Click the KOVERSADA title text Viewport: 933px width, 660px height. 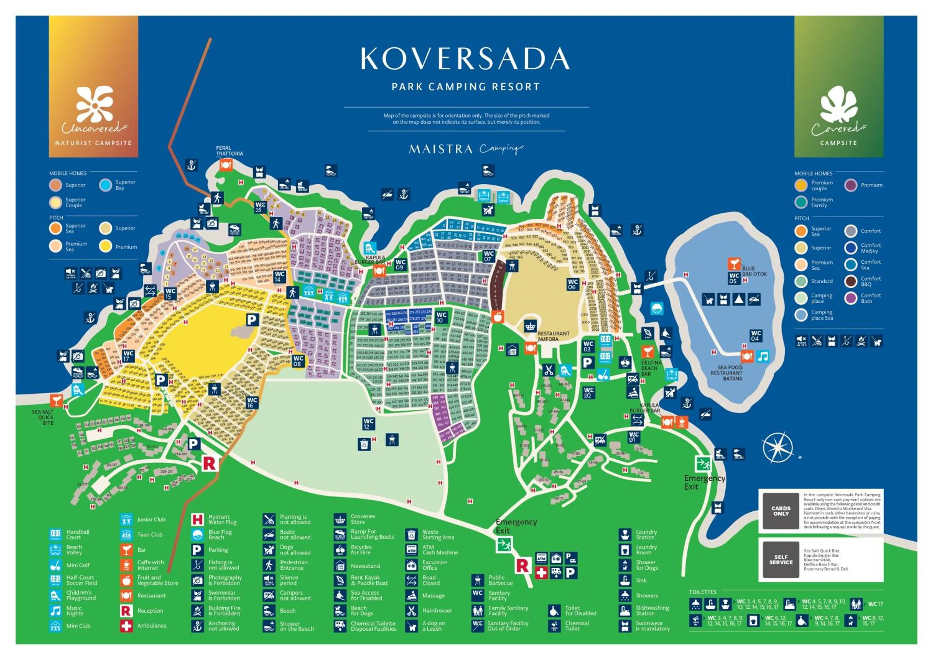(x=465, y=58)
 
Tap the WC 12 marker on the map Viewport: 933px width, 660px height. (x=369, y=424)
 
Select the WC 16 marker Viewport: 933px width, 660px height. (x=252, y=403)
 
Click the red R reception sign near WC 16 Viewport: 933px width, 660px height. (x=210, y=463)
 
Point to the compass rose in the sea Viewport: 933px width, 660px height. (x=777, y=448)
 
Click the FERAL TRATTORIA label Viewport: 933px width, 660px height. (x=229, y=151)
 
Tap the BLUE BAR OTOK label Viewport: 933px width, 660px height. (x=754, y=271)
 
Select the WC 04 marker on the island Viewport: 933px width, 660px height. (x=755, y=336)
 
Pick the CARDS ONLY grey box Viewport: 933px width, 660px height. (x=781, y=511)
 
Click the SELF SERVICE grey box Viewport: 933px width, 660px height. (x=781, y=560)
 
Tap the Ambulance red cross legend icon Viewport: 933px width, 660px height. (x=126, y=626)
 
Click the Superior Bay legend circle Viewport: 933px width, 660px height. (x=106, y=185)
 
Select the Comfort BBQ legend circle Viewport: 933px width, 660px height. (x=851, y=281)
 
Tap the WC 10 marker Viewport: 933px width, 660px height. (x=441, y=317)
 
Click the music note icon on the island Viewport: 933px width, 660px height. (x=763, y=357)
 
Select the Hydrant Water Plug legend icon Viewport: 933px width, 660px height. (x=197, y=519)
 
